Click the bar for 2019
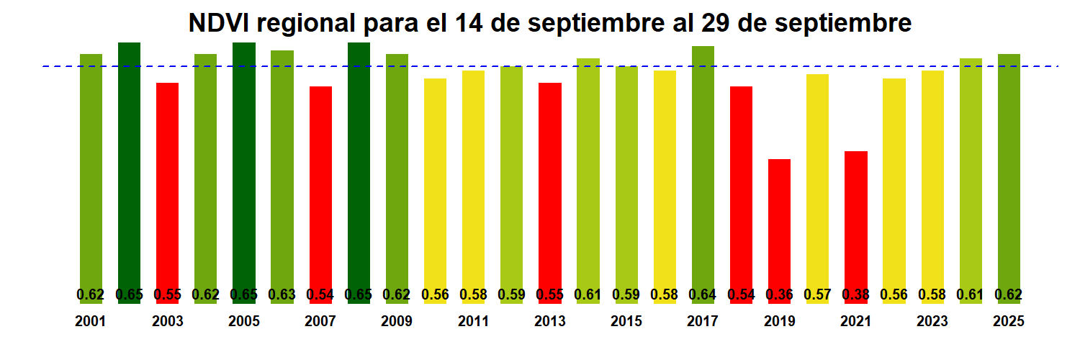[x=779, y=223]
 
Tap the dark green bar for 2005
[x=244, y=166]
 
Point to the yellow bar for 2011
[x=473, y=180]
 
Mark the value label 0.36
[x=779, y=294]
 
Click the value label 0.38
[x=855, y=294]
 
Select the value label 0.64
[x=703, y=294]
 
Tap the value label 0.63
[x=282, y=294]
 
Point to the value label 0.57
[x=817, y=294]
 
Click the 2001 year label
[x=91, y=322]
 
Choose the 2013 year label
[x=550, y=322]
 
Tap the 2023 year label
[x=932, y=322]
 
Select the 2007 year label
[x=320, y=322]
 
